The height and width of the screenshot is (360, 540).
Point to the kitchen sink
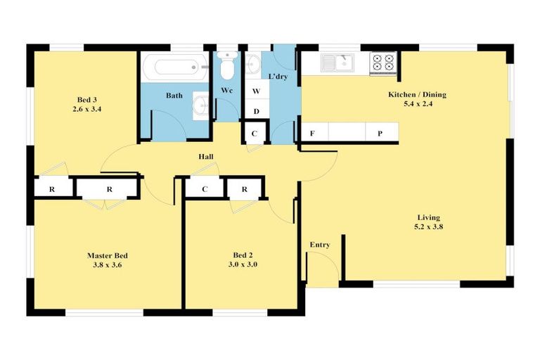tap(340, 63)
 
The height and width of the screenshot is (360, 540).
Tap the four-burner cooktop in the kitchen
tap(383, 63)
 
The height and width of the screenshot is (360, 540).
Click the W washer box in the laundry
tap(256, 91)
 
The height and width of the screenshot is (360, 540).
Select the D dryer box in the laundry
tap(256, 111)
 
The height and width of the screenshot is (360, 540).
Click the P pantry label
tap(380, 133)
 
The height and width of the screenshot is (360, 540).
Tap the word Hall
tap(206, 157)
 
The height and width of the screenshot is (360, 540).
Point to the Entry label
tap(320, 245)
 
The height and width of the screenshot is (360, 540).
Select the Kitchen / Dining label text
tap(417, 94)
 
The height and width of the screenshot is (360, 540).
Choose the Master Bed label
tap(108, 255)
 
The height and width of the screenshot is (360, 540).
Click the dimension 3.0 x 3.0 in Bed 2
tap(243, 265)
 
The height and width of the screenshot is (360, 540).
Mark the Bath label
tap(174, 95)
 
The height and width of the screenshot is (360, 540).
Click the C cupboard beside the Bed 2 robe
tap(205, 188)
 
